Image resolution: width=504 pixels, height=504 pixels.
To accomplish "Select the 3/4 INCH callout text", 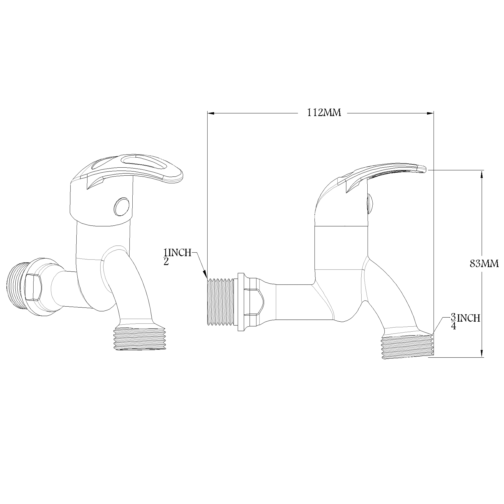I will click(x=465, y=322).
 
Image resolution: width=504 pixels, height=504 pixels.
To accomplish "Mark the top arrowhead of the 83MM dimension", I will click(x=482, y=175).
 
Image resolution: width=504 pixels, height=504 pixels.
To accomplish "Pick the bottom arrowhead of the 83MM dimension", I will click(x=482, y=353).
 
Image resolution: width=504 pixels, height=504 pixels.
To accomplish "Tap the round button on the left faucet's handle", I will click(x=121, y=207).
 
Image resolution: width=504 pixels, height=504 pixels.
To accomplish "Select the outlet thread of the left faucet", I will click(x=140, y=339).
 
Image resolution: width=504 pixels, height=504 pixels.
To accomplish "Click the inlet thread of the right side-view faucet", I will click(x=221, y=302).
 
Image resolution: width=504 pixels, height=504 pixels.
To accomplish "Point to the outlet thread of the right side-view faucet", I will click(x=407, y=347).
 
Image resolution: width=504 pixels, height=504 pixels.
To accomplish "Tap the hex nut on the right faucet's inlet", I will click(x=254, y=302).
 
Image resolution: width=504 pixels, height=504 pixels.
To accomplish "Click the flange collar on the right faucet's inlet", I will click(x=240, y=302).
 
